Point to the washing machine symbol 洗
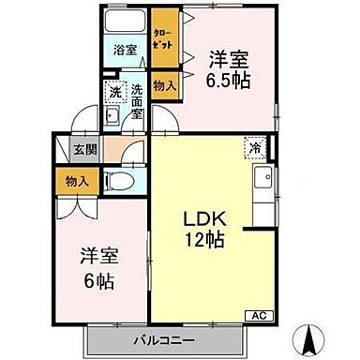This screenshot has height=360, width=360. click(x=115, y=94)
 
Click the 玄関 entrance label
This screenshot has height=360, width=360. click(x=74, y=149)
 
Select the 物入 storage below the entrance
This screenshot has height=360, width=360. click(x=73, y=180)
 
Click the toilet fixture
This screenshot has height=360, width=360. click(x=117, y=180)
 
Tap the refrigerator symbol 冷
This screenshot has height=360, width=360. click(x=254, y=147)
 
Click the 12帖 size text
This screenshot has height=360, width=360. click(x=202, y=241)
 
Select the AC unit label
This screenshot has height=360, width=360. click(x=256, y=317)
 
